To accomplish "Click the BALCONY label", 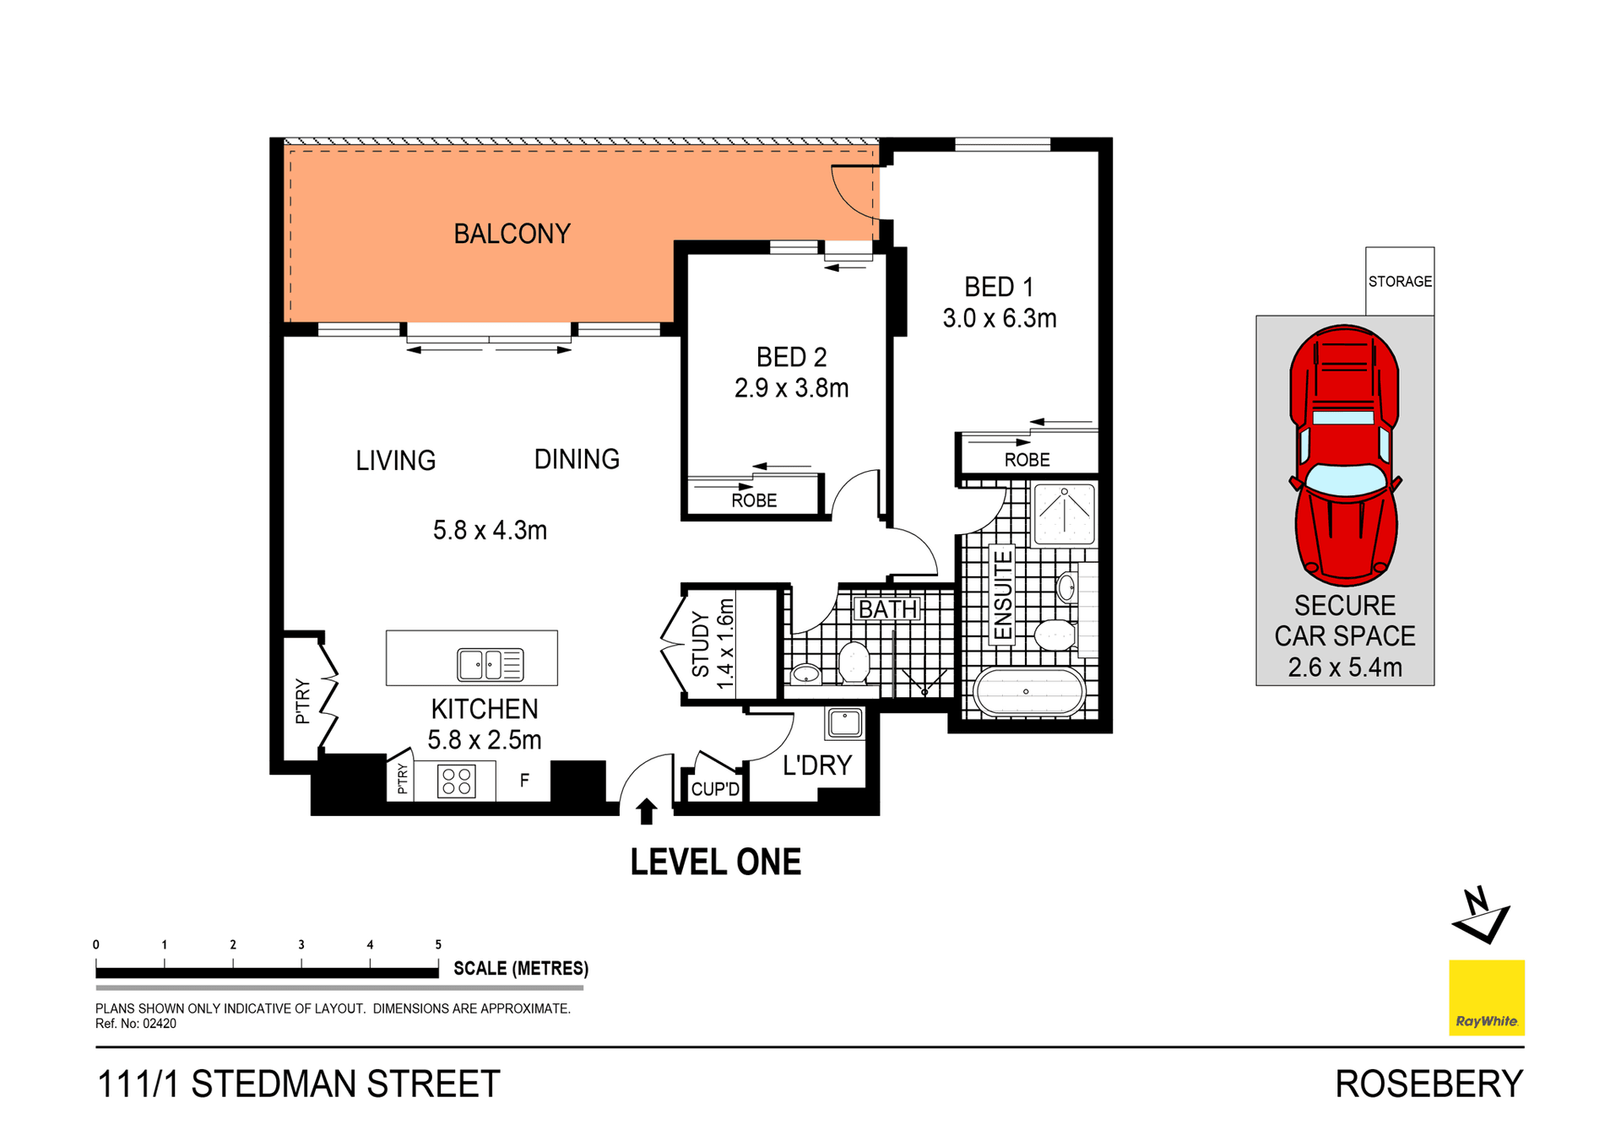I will tap(512, 234).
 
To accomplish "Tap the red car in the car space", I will tap(1344, 456).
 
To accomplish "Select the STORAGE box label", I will tap(1400, 281).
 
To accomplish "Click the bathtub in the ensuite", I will tap(1027, 692).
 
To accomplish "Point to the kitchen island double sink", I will tap(490, 664).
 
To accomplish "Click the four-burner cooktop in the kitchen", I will tap(456, 781).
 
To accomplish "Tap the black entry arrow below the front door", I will tap(647, 811).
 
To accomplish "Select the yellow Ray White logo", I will tap(1486, 997).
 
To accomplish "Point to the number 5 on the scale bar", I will tap(438, 944).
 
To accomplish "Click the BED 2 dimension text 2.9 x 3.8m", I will tap(791, 388).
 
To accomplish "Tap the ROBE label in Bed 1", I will tap(1027, 460).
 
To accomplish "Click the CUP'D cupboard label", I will tap(715, 789).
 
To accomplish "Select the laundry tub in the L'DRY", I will tap(845, 723).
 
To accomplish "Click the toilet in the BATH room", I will tap(854, 663).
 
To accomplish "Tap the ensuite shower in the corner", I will tap(1064, 513).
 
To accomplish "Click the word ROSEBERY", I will tap(1429, 1084).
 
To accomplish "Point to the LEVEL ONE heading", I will tap(715, 862).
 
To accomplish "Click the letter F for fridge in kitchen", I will tap(524, 781).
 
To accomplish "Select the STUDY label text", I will tap(701, 646).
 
